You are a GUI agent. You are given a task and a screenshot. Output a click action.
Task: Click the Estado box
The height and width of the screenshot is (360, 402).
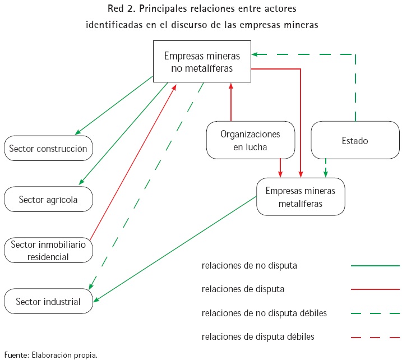tap(354, 140)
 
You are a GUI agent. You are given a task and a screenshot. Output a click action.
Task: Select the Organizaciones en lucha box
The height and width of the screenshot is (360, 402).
tap(250, 140)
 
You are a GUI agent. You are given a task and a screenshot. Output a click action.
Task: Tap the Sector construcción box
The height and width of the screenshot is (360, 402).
tap(48, 149)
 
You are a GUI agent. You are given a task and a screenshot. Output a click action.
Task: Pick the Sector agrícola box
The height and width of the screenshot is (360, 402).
tap(48, 199)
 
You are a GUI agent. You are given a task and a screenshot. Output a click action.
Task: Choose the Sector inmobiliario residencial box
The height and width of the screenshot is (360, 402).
tap(48, 250)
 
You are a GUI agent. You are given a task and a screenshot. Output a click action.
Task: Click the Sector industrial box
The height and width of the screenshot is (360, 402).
tap(48, 302)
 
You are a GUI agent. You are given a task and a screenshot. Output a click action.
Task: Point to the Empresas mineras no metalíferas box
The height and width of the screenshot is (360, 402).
tap(202, 62)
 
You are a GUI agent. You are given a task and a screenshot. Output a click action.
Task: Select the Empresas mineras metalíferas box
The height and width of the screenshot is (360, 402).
tap(301, 197)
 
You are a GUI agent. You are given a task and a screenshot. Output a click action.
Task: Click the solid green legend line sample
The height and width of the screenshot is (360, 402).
tap(375, 266)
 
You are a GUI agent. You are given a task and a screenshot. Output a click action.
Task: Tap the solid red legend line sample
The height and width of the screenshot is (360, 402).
tap(375, 289)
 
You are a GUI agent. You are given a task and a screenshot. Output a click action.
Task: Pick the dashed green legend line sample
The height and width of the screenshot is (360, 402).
tap(375, 313)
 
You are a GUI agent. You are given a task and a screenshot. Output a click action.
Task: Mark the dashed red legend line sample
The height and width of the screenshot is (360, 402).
tap(375, 337)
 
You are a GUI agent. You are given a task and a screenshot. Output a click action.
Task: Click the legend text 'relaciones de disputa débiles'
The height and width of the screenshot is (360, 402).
tap(258, 337)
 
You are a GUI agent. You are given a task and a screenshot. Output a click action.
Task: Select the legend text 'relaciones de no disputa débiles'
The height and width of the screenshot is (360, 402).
tap(264, 313)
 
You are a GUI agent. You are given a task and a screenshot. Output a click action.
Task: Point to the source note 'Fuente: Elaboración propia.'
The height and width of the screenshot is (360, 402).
tap(51, 354)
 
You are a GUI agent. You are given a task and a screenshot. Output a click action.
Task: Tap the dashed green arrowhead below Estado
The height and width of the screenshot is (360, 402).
tap(326, 174)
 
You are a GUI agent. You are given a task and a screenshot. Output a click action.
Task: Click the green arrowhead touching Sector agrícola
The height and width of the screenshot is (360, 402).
tap(82, 182)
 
